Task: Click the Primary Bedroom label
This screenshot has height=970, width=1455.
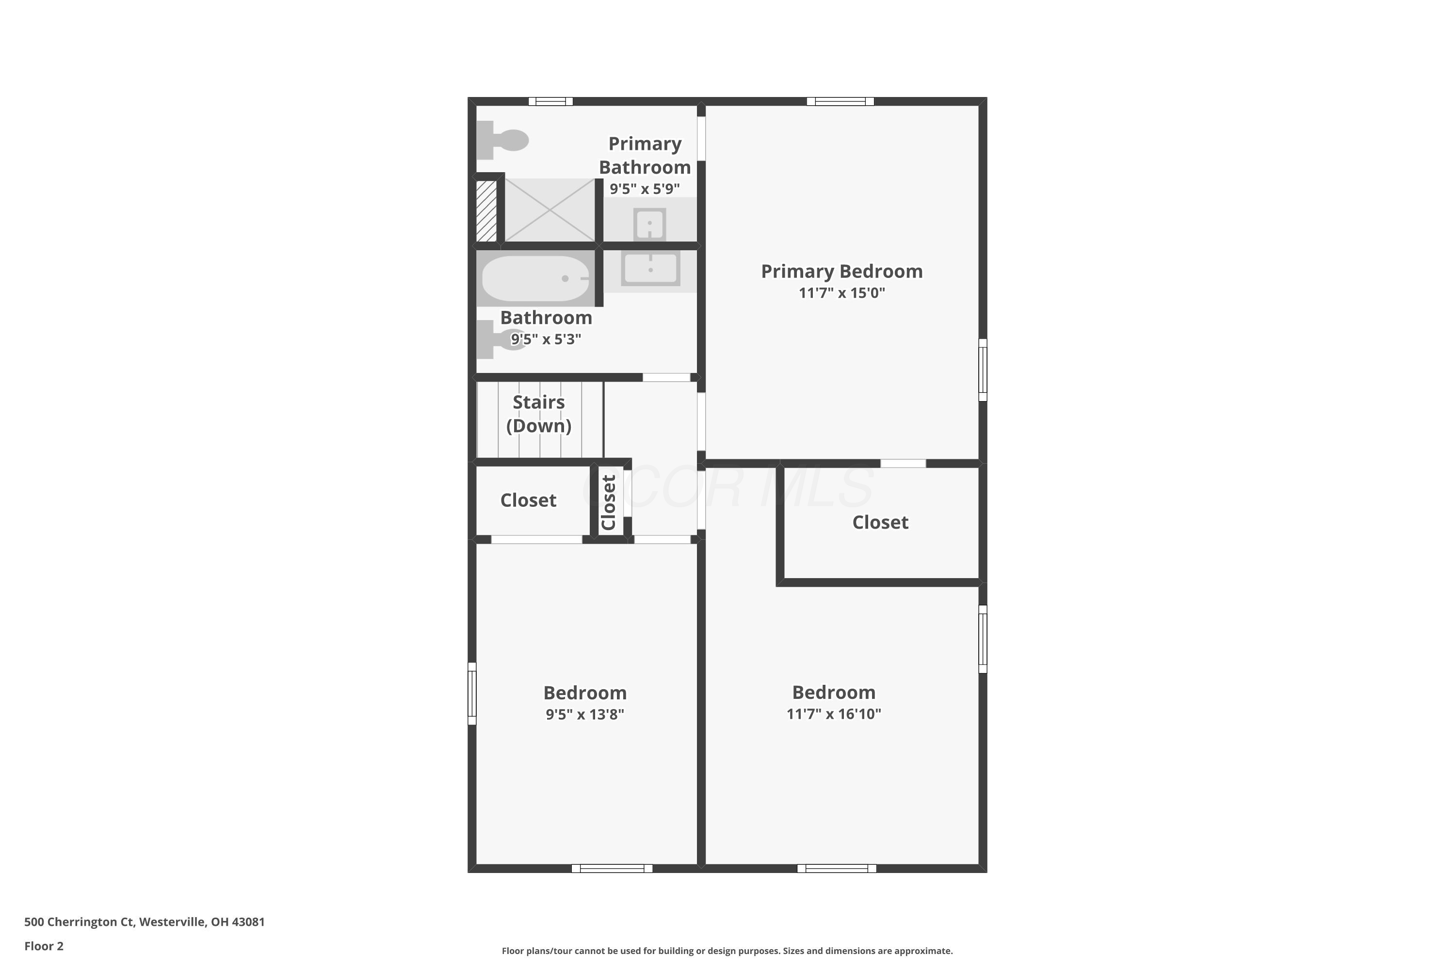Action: click(841, 272)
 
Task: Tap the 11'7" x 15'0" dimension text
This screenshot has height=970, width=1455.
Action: click(841, 292)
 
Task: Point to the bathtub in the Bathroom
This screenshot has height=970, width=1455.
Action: click(536, 278)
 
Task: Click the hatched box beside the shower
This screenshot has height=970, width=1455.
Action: click(486, 210)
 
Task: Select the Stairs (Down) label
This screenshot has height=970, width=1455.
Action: click(539, 414)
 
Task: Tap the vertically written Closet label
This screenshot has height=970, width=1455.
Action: click(609, 502)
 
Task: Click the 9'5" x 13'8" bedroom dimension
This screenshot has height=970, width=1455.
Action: click(584, 714)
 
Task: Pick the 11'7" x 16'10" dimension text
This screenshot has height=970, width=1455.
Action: click(833, 714)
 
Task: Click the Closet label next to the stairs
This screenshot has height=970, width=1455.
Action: click(528, 500)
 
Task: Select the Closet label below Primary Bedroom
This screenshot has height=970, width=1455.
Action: click(880, 522)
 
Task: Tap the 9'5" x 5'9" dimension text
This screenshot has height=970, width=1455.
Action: click(645, 189)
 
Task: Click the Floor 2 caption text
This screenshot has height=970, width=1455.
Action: click(44, 946)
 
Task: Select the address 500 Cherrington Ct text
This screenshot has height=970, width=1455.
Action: click(144, 922)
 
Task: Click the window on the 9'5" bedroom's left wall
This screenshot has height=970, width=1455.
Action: click(472, 694)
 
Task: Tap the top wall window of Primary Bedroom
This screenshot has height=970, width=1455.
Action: click(840, 101)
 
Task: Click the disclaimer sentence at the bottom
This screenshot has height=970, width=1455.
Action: click(727, 951)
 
